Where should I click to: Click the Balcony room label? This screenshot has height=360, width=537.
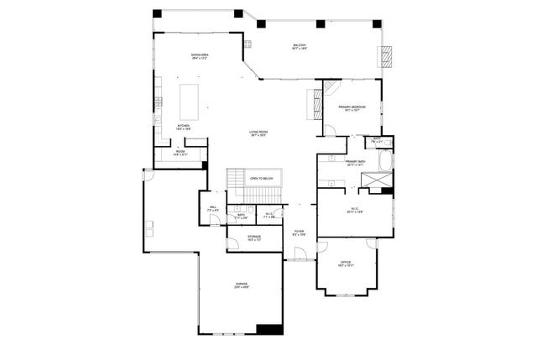pyautogui.click(x=300, y=47)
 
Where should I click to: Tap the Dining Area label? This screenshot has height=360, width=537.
pyautogui.click(x=199, y=56)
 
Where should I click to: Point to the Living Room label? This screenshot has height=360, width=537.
pyautogui.click(x=258, y=133)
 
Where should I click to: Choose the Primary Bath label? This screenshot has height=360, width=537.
pyautogui.click(x=354, y=163)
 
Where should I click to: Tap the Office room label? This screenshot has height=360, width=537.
pyautogui.click(x=346, y=265)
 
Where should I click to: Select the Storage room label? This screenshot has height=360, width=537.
pyautogui.click(x=253, y=237)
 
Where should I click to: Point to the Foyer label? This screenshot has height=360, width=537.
pyautogui.click(x=298, y=233)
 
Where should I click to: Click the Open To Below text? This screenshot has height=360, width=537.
pyautogui.click(x=262, y=180)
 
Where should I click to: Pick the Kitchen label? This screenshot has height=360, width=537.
pyautogui.click(x=183, y=128)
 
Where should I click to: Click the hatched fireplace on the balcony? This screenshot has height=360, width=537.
pyautogui.click(x=387, y=56)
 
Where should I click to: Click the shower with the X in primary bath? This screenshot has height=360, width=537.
pyautogui.click(x=379, y=180)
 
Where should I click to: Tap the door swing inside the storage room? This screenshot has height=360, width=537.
pyautogui.click(x=232, y=245)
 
